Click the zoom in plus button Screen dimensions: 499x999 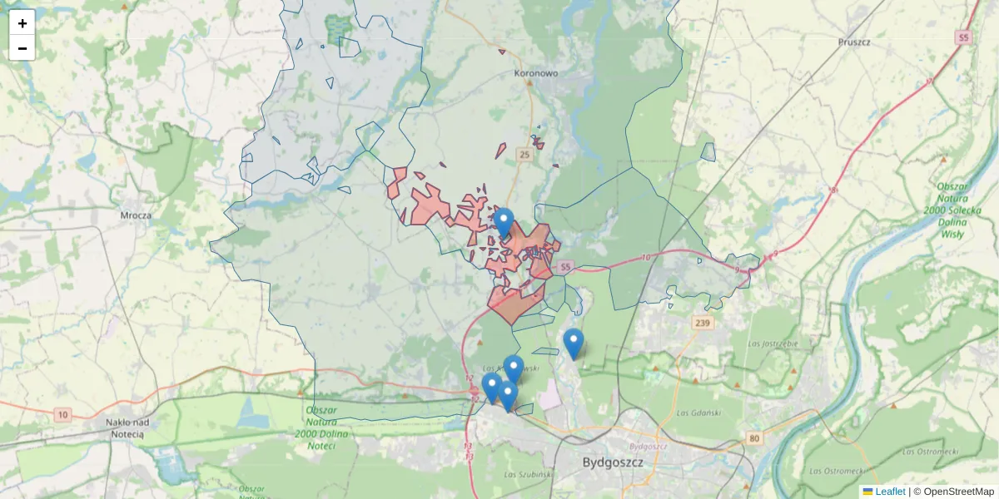(x=22, y=23)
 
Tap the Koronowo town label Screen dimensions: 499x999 (x=535, y=73)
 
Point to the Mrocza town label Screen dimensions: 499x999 (x=135, y=215)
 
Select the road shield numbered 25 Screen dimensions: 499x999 (x=524, y=155)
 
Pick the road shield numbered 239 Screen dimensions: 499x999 (x=703, y=323)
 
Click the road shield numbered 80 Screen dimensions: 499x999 (x=754, y=438)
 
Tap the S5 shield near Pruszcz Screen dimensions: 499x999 (x=964, y=37)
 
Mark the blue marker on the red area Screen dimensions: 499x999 (x=504, y=221)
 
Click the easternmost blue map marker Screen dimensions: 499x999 (x=574, y=343)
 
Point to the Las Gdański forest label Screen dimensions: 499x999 (x=697, y=413)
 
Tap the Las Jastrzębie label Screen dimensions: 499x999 (x=773, y=343)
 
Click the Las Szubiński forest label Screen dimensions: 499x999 (x=529, y=474)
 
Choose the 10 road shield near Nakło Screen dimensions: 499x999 (x=63, y=414)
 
